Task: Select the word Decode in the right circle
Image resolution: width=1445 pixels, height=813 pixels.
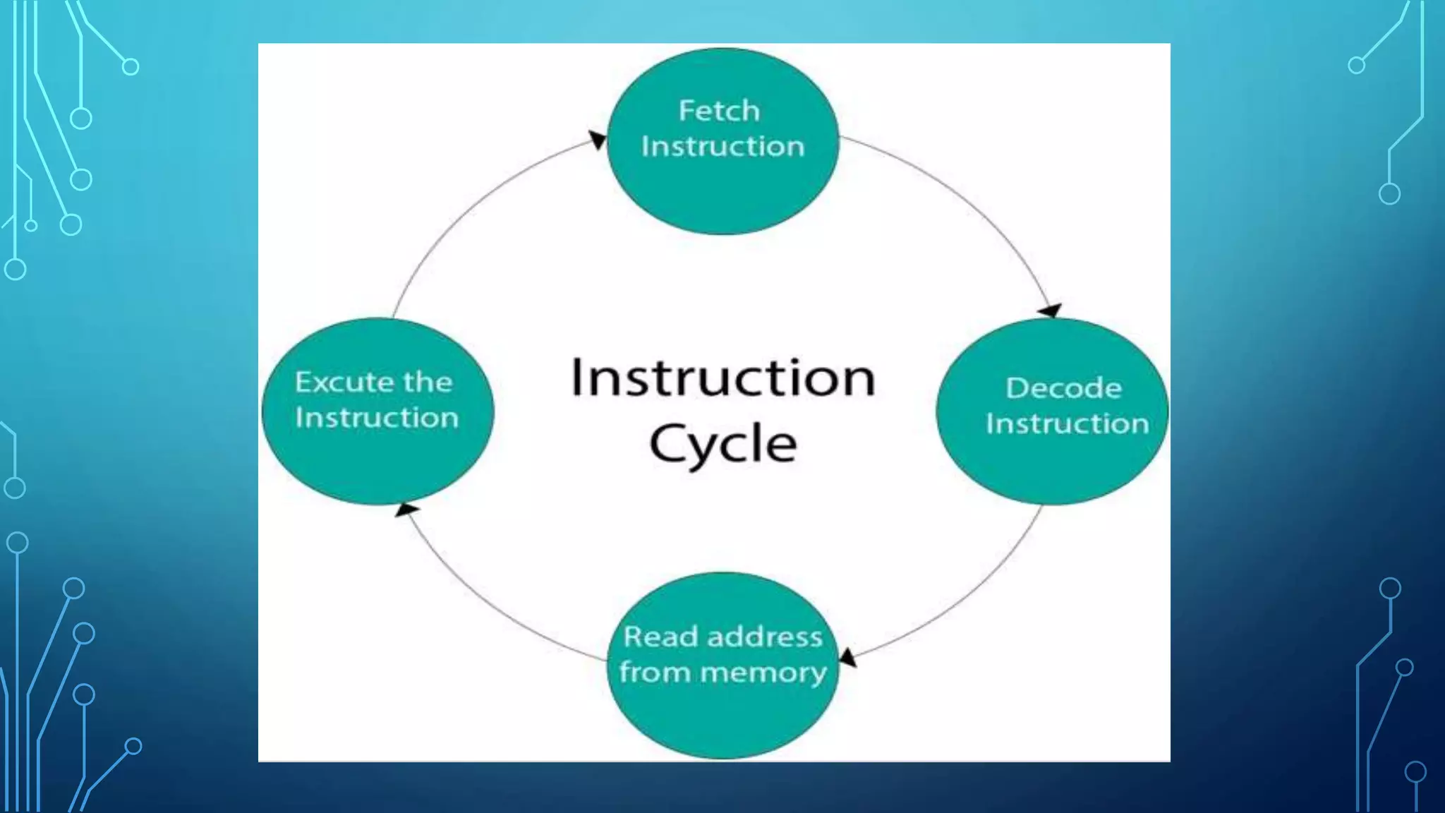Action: pos(1063,388)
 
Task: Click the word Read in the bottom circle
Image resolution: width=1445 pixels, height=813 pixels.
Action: pos(651,637)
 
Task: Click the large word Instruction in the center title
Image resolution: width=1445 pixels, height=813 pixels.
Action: pos(723,378)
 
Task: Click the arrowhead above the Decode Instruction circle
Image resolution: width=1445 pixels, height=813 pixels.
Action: pos(1050,311)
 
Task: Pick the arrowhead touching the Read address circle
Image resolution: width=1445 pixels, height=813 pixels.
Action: pos(847,658)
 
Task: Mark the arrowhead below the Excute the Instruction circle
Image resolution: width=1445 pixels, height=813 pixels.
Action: pos(406,509)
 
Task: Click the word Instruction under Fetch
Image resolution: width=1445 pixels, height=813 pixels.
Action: pos(722,147)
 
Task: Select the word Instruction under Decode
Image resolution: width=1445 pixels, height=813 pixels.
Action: pos(1067,424)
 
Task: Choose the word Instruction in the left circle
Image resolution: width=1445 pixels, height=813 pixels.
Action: pos(377,418)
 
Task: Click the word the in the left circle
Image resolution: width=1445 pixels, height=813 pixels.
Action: pos(428,382)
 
